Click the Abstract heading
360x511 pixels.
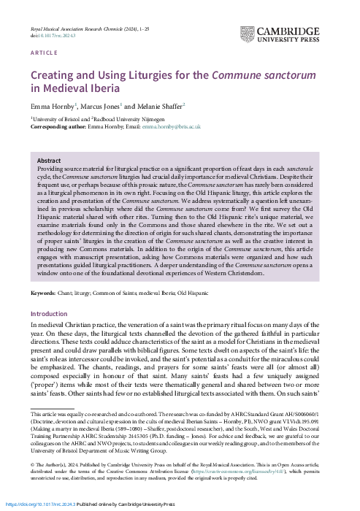[49, 160]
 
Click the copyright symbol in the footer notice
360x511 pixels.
[32, 464]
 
